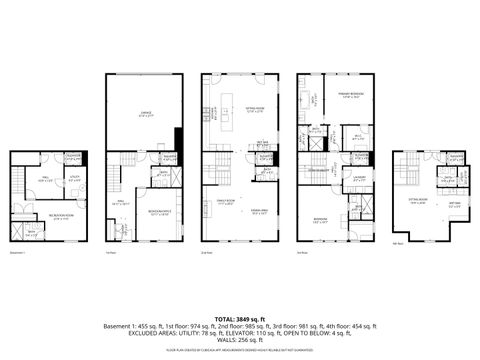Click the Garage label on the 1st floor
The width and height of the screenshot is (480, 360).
[x=145, y=116]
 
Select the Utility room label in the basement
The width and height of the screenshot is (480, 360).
[x=74, y=180]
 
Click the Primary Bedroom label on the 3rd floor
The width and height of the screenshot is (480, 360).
[x=350, y=95]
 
